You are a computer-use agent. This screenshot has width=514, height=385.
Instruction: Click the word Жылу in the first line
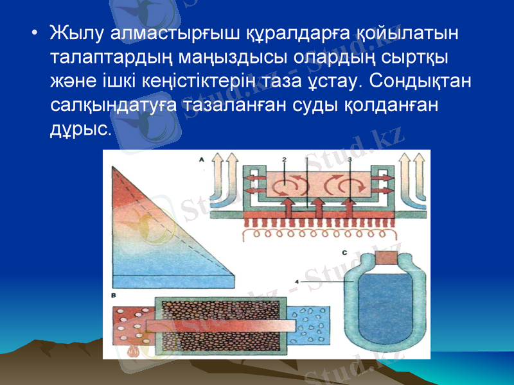coord(71,32)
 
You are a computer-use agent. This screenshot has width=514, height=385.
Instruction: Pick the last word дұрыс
coord(80,130)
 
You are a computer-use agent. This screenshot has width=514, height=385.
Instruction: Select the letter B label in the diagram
coord(113,295)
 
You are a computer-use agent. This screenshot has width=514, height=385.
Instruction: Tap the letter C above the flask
coord(344,252)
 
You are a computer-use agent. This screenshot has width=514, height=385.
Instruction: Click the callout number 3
coord(349,157)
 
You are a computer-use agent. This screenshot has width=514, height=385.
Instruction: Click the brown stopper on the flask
coord(387,257)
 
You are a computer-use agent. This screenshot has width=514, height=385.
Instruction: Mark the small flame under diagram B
coord(134,352)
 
